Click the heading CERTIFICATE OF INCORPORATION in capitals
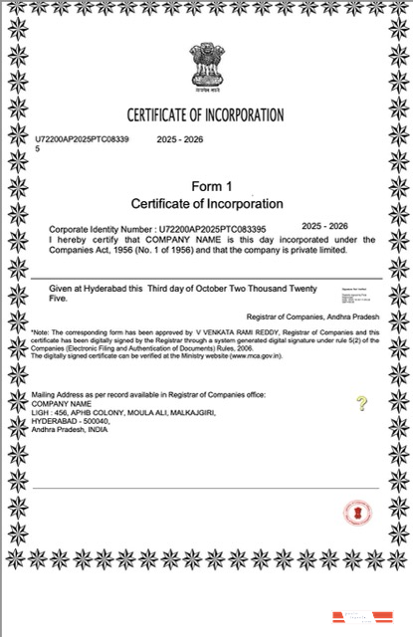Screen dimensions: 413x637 [x=205, y=114]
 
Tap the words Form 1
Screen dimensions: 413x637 [x=210, y=186]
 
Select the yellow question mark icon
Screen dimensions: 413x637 [x=361, y=403]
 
